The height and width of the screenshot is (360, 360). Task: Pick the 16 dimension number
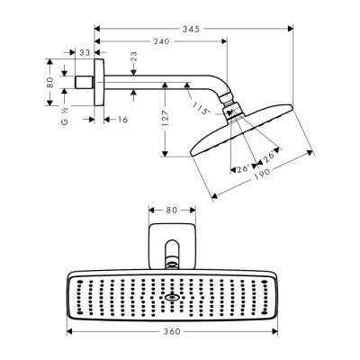121,118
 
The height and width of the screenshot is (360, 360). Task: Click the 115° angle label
201,110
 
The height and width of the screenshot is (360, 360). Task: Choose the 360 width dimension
173,331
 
